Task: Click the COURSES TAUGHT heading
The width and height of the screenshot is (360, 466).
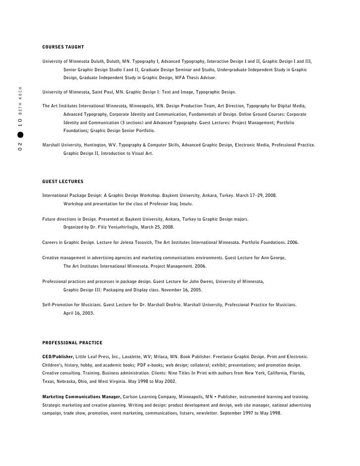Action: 63,47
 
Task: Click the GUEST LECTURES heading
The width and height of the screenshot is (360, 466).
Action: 63,182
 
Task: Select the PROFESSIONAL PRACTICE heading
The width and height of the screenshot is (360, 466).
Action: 72,342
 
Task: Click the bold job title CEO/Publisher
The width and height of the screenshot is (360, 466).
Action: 58,357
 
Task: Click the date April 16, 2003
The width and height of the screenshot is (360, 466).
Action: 79,313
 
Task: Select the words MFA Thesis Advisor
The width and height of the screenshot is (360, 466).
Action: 196,78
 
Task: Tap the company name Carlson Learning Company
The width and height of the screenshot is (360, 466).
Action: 153,397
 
